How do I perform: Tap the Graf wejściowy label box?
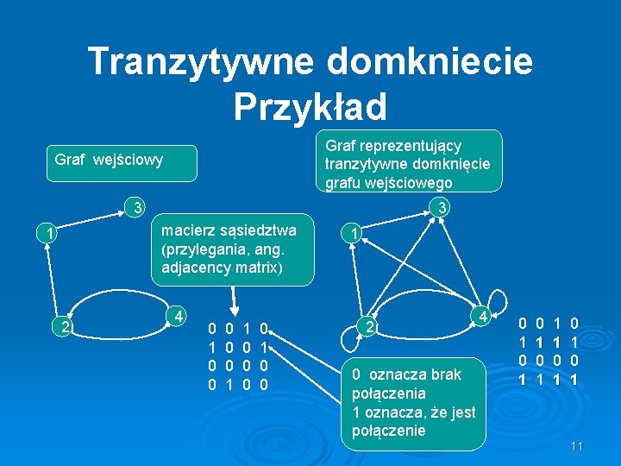pos(110,160)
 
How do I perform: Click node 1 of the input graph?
pos(51,233)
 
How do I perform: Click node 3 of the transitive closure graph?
pos(440,208)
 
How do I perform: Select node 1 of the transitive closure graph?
pos(351,233)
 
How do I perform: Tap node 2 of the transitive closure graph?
pos(367,326)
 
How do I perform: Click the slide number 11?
pos(578,446)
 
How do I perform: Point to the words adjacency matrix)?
pos(221,268)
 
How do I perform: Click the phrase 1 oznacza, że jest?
pos(414,412)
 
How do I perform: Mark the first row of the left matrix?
pos(240,328)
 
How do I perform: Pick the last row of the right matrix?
pos(546,379)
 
